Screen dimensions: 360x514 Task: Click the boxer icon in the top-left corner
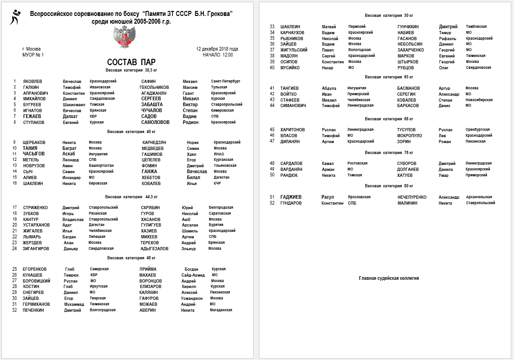pos(15,17)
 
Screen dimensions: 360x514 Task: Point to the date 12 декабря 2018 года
pos(217,49)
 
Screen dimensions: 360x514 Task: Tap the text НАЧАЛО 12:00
pos(218,55)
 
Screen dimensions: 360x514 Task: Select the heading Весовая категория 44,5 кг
pos(131,197)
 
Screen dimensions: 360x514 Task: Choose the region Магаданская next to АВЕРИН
pos(221,310)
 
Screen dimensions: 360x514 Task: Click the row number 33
pos(272,27)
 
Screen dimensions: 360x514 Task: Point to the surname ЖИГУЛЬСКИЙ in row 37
pos(294,50)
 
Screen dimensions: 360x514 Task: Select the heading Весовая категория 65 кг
pos(389,77)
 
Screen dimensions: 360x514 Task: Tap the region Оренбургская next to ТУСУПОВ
pos(478,129)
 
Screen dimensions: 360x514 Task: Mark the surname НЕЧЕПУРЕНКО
pos(412,197)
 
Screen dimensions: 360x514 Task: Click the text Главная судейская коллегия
pos(389,278)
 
